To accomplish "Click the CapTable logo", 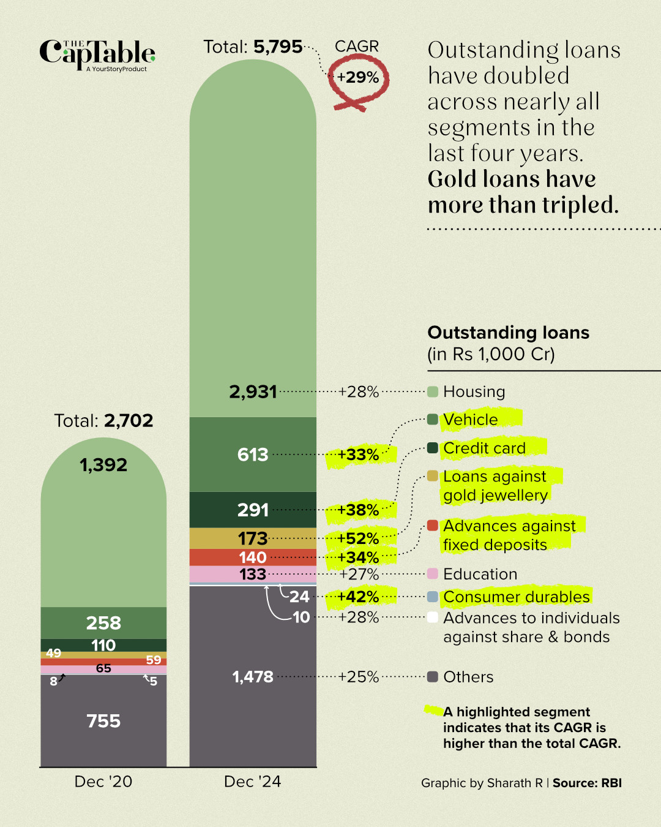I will (x=97, y=55).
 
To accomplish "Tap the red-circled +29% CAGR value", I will (x=358, y=78).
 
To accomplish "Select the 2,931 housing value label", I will (x=253, y=392).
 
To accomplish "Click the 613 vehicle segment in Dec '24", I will (x=253, y=455).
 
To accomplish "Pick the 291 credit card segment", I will (x=253, y=510).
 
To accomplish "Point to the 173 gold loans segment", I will (x=253, y=538).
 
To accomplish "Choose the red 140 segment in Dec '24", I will (x=253, y=557).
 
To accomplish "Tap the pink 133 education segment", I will (x=253, y=574).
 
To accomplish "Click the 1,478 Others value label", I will (x=253, y=677).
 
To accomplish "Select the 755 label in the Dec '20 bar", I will (x=103, y=721).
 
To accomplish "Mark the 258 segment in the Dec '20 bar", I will (x=103, y=623).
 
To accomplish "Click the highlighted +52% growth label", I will (x=358, y=538).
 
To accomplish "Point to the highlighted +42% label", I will (x=358, y=597).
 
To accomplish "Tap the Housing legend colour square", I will (x=433, y=392).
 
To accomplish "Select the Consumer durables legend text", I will (x=517, y=597).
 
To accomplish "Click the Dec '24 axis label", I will (x=252, y=782).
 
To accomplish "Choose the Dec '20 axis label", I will (x=103, y=782).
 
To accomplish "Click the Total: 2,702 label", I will (x=103, y=421).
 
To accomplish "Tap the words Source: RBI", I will (x=587, y=783).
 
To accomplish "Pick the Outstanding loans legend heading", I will (x=508, y=333).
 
